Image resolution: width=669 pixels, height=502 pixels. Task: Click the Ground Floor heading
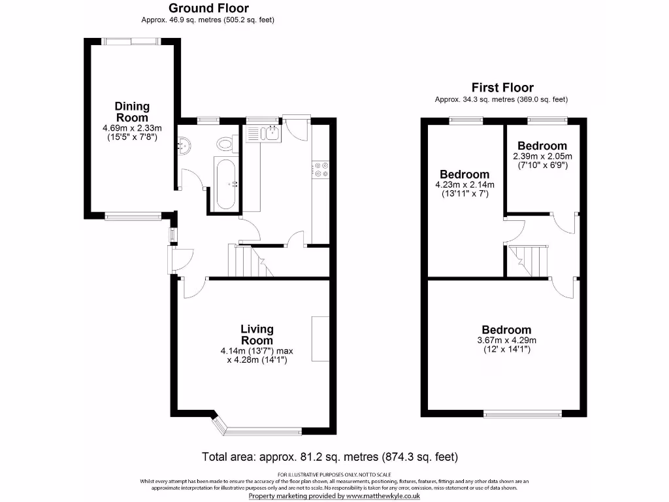[208, 8]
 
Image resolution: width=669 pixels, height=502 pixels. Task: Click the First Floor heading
[502, 88]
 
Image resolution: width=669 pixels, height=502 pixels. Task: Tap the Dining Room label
[132, 112]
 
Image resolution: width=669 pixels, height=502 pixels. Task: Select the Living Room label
[257, 335]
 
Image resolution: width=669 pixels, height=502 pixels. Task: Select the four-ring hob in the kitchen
[321, 169]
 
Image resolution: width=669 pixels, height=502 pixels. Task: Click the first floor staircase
[528, 261]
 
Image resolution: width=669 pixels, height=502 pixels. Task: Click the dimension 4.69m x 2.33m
[132, 128]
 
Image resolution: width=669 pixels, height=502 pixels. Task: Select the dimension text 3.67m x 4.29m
[506, 341]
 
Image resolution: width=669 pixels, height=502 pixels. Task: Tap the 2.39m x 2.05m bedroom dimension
[542, 156]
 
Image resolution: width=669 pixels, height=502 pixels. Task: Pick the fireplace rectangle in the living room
[320, 339]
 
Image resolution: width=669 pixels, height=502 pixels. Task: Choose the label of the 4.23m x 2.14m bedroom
[465, 175]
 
